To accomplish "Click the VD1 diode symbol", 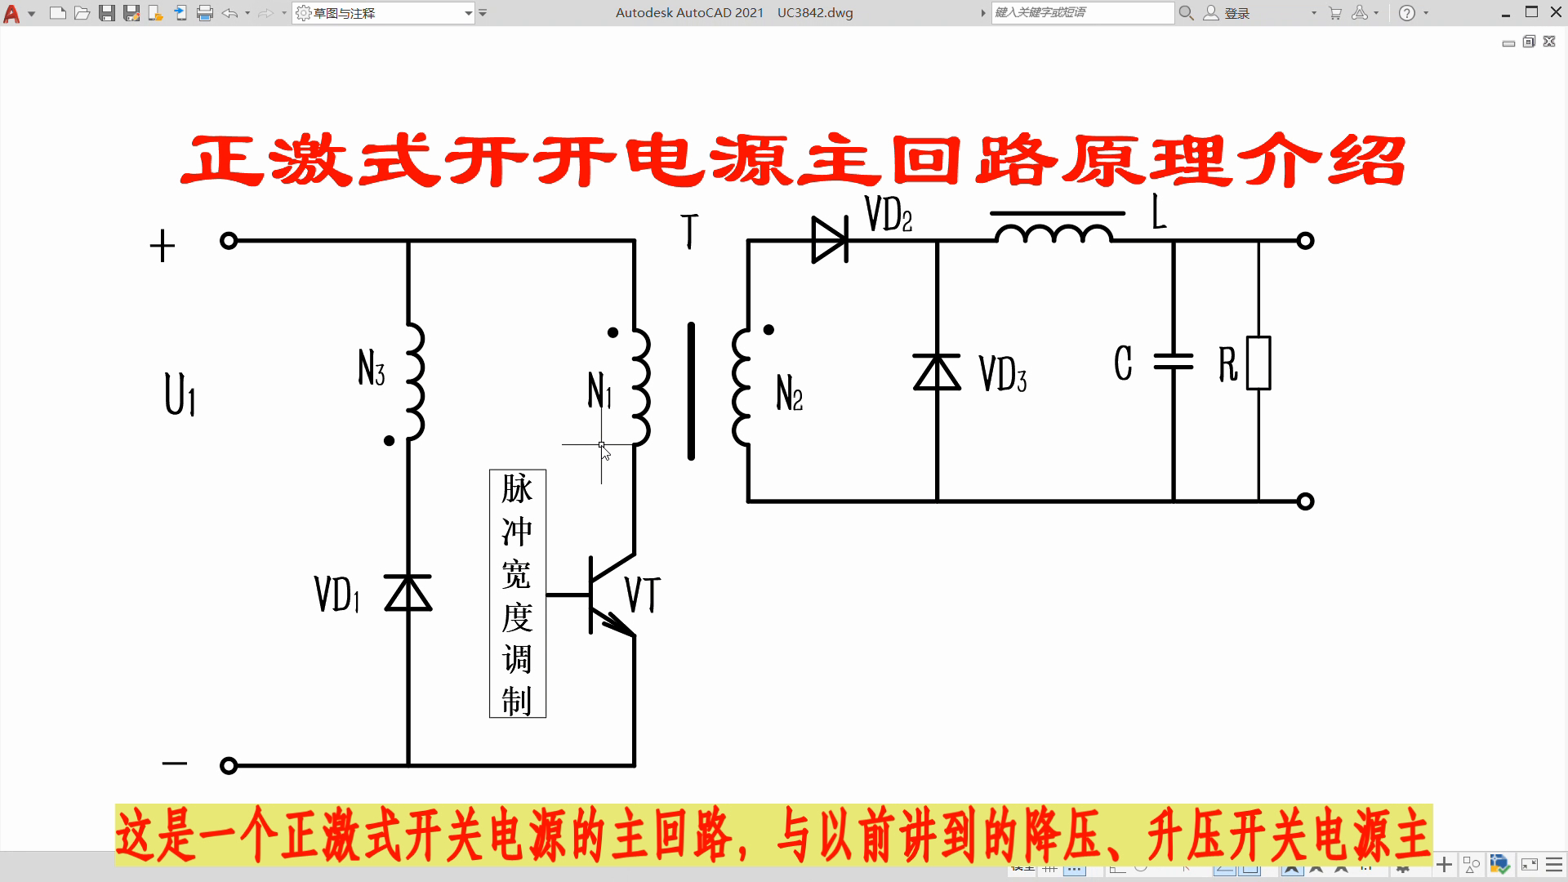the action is coord(408,594).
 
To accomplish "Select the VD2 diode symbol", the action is coord(830,240).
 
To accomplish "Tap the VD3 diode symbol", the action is coord(937,372).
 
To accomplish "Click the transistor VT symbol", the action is coord(608,595).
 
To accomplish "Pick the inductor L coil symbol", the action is coord(1053,234).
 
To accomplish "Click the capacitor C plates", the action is coord(1174,361).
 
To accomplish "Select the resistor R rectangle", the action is coord(1258,363).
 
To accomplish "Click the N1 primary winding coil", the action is coord(641,387).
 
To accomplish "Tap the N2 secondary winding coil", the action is coord(741,387).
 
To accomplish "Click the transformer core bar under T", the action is coord(692,391).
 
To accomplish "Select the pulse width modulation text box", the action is coord(518,594).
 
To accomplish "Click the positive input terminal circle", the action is coord(229,241).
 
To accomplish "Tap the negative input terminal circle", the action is coord(229,765).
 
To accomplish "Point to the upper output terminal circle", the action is coord(1305,241).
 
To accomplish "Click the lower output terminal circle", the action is coord(1305,501).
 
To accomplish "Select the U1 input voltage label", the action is coord(180,395).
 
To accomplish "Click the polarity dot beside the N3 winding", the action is coord(389,441).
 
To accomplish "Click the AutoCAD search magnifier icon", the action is coord(1187,13).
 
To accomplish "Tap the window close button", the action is coord(1557,12).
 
